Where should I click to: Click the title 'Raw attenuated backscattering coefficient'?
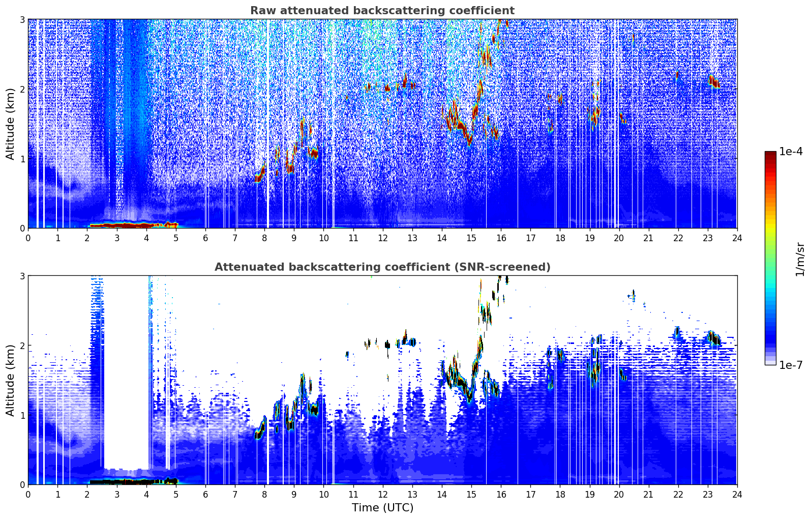[x=382, y=11]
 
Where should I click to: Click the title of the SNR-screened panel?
[x=382, y=267]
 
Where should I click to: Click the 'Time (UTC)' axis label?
[x=382, y=508]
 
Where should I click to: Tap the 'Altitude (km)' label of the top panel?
[x=10, y=123]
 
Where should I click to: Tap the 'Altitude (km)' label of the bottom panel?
[x=10, y=380]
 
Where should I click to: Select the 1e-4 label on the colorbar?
[x=791, y=152]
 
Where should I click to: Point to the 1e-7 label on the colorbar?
[x=791, y=365]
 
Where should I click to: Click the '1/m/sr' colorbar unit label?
[x=800, y=259]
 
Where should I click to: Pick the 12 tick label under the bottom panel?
[x=382, y=494]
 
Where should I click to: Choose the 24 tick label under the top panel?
[x=737, y=238]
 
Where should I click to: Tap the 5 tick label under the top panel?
[x=176, y=238]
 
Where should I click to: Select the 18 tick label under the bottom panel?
[x=560, y=494]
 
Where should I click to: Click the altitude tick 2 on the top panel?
[x=22, y=89]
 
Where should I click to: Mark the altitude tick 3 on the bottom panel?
[x=22, y=276]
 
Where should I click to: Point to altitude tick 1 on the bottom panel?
[x=22, y=415]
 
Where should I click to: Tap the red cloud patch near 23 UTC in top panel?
[x=715, y=82]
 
